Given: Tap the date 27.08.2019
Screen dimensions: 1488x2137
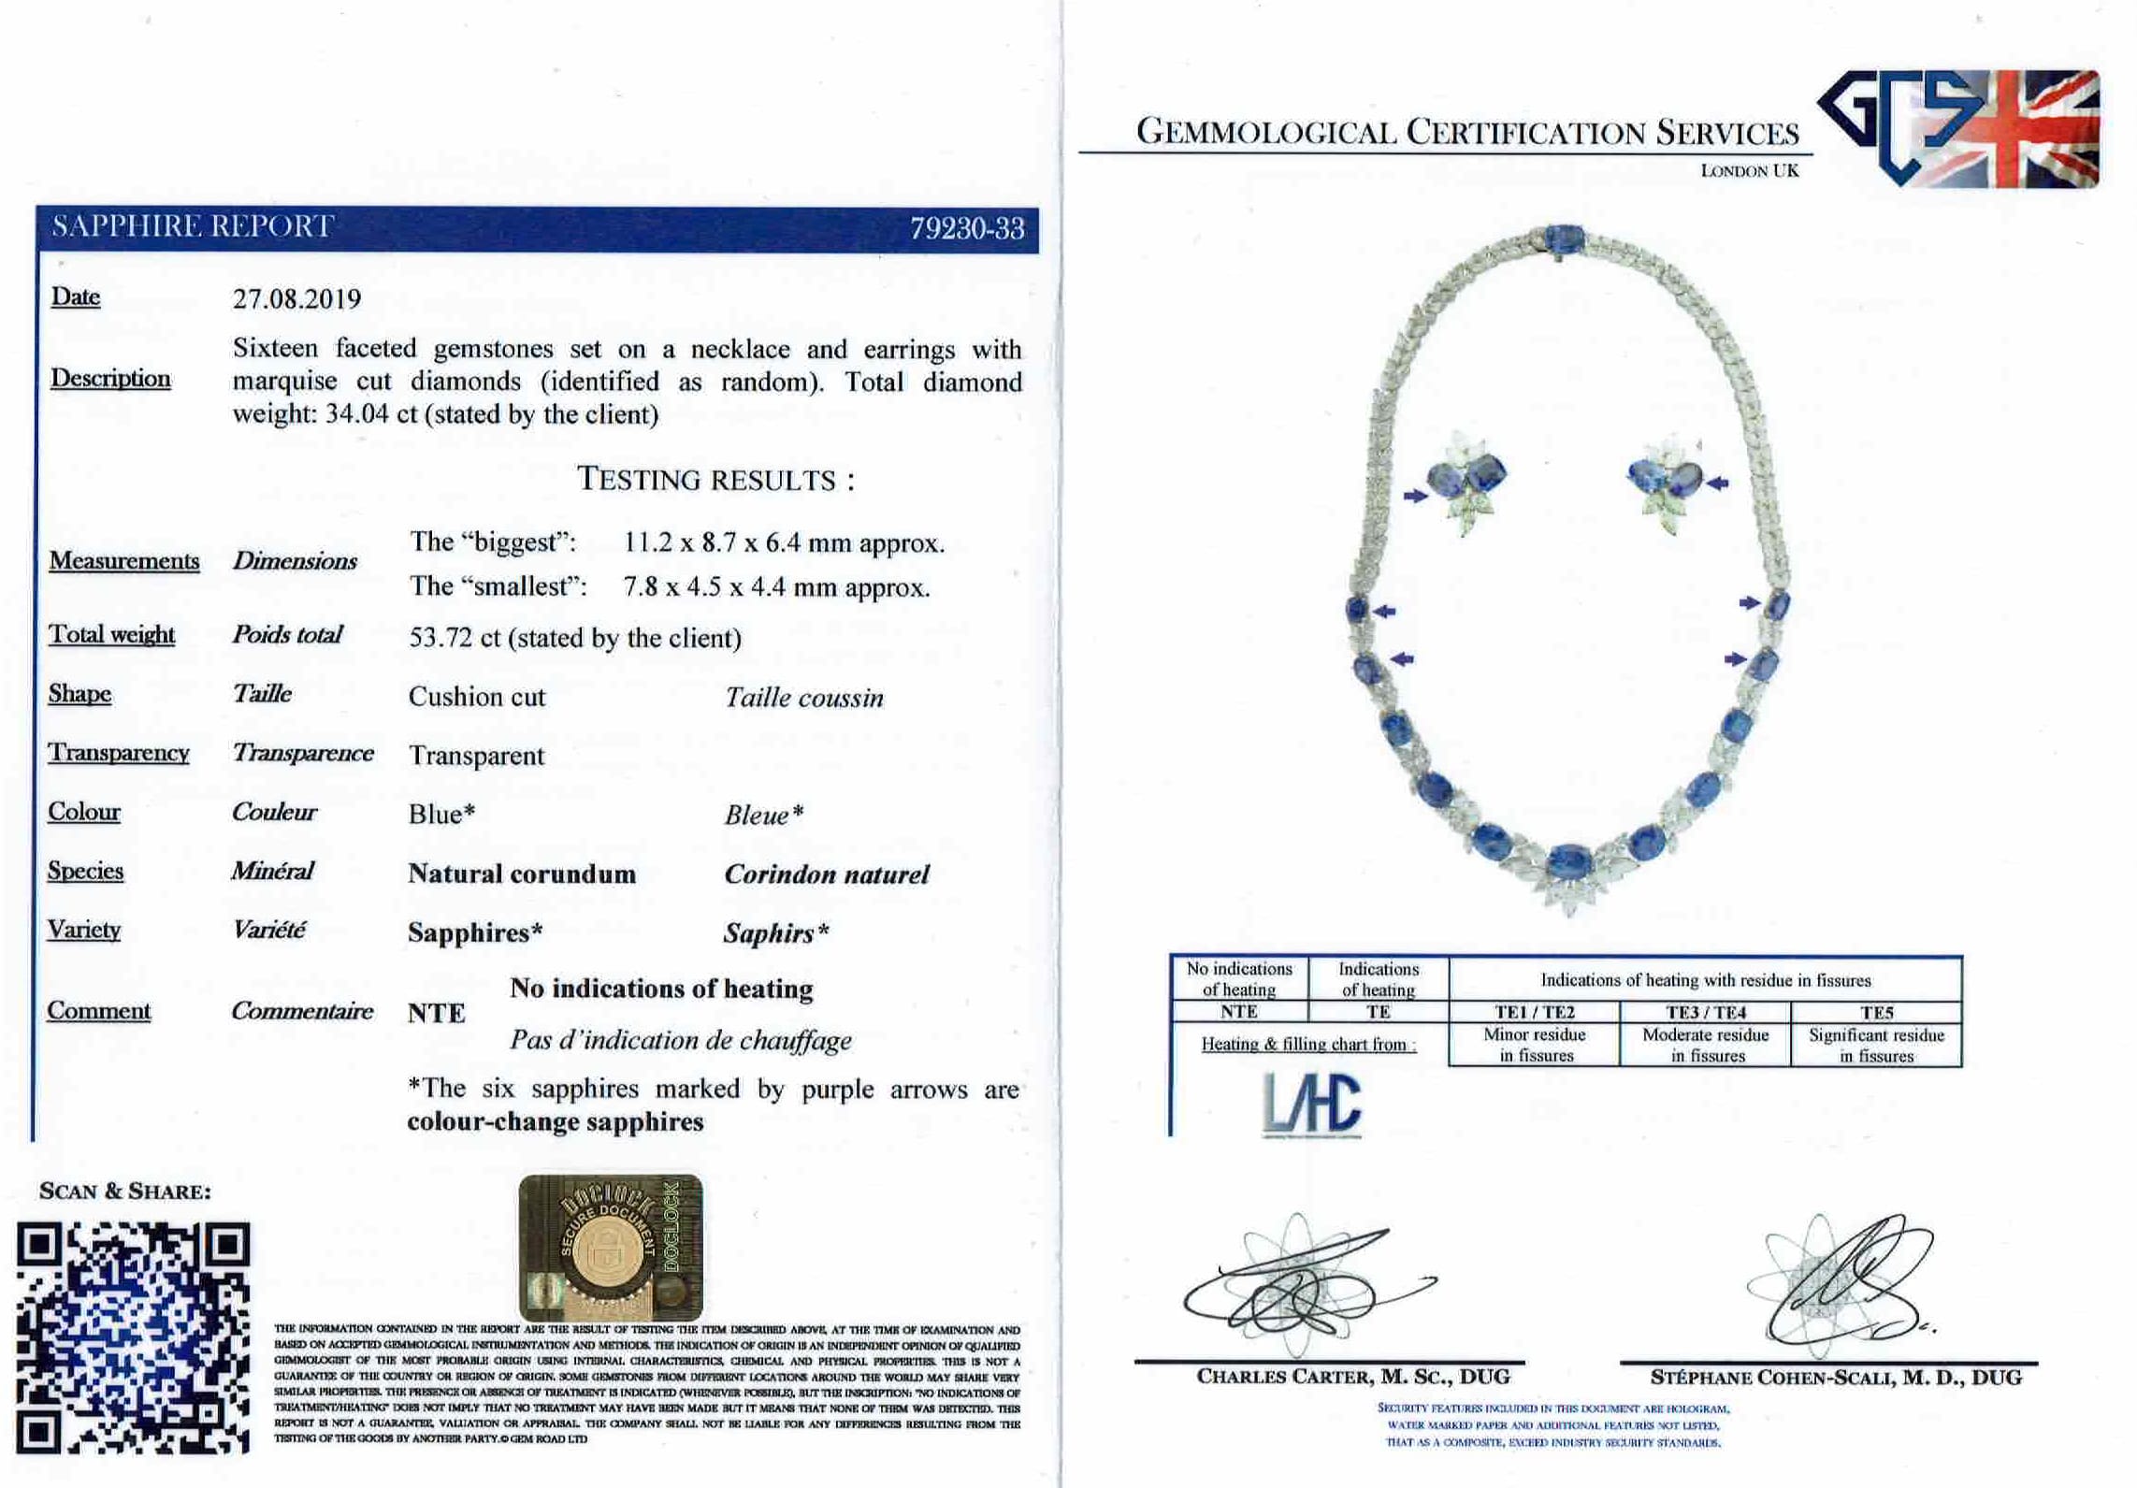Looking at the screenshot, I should [x=296, y=299].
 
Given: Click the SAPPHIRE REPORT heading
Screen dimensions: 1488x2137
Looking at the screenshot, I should [x=193, y=226].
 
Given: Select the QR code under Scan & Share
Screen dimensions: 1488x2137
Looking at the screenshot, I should [x=134, y=1337].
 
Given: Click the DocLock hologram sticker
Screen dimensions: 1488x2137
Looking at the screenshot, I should [x=611, y=1247].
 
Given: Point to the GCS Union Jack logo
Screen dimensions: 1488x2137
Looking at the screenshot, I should [x=1958, y=128].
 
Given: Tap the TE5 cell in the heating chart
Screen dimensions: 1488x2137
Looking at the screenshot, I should [x=1876, y=1012].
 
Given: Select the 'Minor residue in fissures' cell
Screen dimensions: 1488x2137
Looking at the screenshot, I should [x=1534, y=1046].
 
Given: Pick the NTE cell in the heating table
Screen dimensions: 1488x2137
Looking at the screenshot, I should [x=1238, y=1011].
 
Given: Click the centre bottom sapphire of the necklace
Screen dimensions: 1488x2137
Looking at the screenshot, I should [x=1570, y=860].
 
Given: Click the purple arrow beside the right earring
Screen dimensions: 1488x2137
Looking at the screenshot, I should [x=1717, y=483].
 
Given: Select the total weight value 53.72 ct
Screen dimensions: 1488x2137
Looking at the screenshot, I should [x=574, y=638].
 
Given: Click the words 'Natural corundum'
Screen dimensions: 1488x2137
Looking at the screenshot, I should [x=522, y=874].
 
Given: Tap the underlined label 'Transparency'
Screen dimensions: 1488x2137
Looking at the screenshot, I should [x=119, y=753].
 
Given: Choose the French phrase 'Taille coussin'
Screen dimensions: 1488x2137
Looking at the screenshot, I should [x=803, y=698].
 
